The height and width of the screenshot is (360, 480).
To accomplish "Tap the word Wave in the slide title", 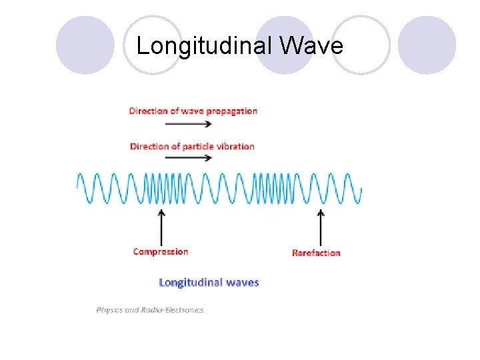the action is [x=312, y=46].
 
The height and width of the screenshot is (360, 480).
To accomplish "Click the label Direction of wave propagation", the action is [x=193, y=111].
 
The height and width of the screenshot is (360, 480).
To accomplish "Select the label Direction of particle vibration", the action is [x=192, y=146].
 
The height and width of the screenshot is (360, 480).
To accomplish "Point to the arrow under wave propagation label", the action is [x=187, y=123].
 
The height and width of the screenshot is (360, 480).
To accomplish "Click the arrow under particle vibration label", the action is [x=187, y=158].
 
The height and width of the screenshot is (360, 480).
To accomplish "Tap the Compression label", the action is [x=161, y=252].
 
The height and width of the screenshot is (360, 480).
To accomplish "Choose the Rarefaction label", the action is [x=316, y=253].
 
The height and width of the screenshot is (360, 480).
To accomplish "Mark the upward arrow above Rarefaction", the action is [x=321, y=228].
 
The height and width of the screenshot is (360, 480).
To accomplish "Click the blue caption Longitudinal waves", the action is [x=209, y=282].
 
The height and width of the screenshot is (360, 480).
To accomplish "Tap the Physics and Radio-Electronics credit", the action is [x=150, y=309].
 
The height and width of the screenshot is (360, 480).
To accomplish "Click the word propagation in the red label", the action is [x=231, y=111].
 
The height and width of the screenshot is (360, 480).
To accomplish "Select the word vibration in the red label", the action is [x=233, y=146].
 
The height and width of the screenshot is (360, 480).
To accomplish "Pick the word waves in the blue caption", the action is [x=241, y=282].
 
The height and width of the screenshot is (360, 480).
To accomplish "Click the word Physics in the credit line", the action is [x=109, y=309].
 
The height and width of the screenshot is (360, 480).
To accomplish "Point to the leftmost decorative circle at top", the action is [x=85, y=45].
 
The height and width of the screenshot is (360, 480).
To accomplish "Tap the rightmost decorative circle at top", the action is [x=427, y=45].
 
